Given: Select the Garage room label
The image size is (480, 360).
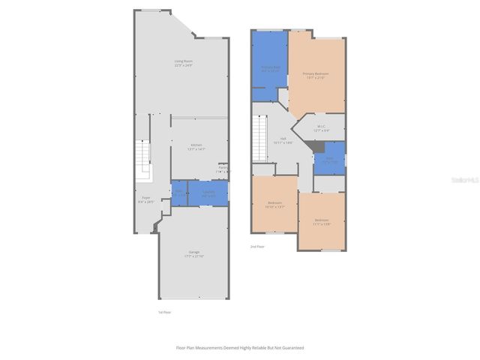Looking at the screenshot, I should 194,253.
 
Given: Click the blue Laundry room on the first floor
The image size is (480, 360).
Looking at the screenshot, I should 208,193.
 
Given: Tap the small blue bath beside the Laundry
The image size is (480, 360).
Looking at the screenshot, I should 178,193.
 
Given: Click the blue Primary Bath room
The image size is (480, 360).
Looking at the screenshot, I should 270,67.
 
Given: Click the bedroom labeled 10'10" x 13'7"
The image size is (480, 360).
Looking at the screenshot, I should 275,204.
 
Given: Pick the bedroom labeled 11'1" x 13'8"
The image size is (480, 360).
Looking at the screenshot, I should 321,221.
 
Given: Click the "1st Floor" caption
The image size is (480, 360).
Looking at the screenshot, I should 164,312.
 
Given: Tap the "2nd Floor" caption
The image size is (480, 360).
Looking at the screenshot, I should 257,246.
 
